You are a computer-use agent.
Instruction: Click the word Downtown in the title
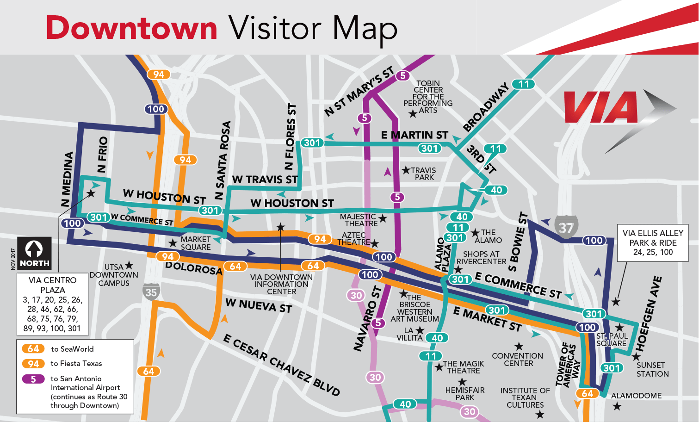tap(131, 28)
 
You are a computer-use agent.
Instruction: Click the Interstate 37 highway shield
tap(566, 227)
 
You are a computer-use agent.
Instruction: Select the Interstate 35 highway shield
tap(151, 292)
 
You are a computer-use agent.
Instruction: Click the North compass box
tap(34, 254)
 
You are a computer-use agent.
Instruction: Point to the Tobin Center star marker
tap(413, 114)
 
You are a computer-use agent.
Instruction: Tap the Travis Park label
tap(424, 174)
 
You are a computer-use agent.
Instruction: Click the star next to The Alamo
tap(475, 232)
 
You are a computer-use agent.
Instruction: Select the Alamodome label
tap(636, 396)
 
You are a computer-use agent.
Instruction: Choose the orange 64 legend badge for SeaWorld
tap(33, 349)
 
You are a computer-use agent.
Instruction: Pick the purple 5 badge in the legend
tap(33, 379)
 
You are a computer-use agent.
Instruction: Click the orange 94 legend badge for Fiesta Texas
tap(33, 364)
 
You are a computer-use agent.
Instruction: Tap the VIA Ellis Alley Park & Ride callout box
tap(652, 243)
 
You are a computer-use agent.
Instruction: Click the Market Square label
tap(195, 243)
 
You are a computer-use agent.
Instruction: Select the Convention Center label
tap(517, 360)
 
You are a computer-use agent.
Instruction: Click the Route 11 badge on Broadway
tap(524, 84)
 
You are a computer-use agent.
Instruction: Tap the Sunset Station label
tap(652, 369)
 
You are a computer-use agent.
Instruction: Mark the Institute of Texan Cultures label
tap(525, 397)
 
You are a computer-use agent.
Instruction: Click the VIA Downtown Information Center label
tap(281, 284)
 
